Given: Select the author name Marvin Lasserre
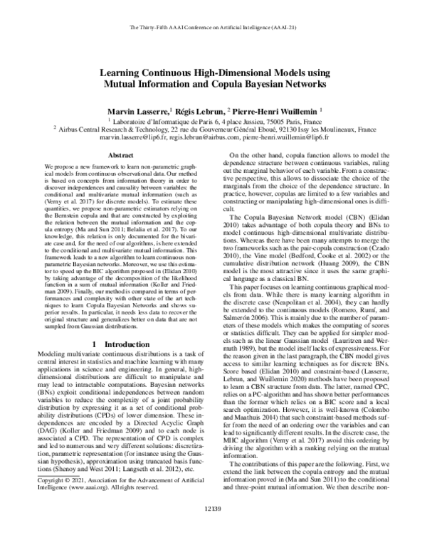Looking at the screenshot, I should click(137, 112).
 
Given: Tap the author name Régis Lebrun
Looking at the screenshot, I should click(200, 112).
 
